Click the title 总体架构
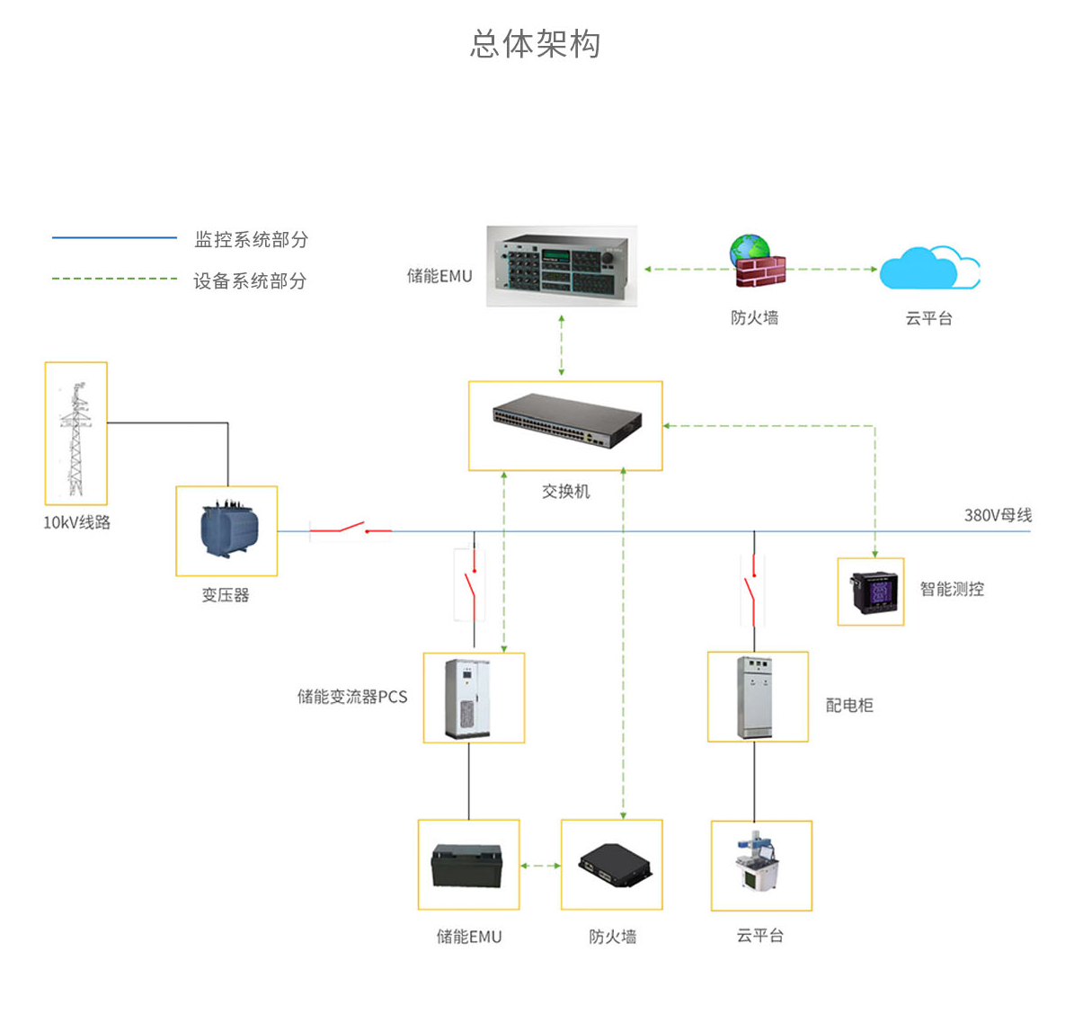point(536,43)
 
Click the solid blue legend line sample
point(114,238)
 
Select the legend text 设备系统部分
point(250,281)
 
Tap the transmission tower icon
point(76,434)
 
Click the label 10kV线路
point(76,522)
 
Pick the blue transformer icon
point(226,530)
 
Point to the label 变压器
point(226,595)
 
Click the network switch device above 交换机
point(566,421)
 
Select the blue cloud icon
point(928,268)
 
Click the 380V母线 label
point(998,515)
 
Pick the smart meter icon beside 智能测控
point(871,592)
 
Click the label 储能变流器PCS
point(352,697)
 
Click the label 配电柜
point(849,706)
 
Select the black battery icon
point(467,865)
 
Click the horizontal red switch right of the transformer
point(351,529)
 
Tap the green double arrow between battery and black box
point(540,866)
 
